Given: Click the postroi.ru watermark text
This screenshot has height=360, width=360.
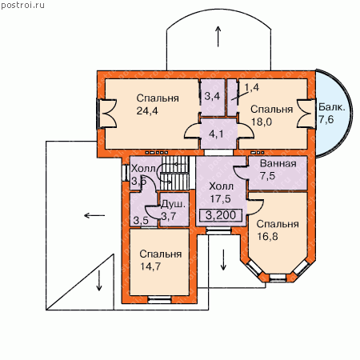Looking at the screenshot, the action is (22, 6).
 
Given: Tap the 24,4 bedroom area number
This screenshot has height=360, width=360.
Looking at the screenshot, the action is (147, 110).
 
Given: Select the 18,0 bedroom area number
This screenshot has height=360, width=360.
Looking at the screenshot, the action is (262, 122).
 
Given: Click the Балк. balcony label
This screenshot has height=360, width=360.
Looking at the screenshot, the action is (332, 107).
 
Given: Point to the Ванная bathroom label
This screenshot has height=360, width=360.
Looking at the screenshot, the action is (278, 163).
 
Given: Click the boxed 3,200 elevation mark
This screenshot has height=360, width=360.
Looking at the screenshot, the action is (221, 215).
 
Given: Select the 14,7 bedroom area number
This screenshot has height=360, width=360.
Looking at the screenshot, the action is (150, 266).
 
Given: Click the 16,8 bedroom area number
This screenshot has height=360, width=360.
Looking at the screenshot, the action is (267, 236).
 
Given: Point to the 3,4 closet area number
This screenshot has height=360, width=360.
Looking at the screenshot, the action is (212, 96).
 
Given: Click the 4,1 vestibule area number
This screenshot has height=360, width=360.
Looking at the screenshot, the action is (216, 134).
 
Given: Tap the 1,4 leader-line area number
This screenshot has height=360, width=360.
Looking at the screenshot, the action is (251, 87).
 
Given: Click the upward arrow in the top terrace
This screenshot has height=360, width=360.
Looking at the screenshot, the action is (218, 37).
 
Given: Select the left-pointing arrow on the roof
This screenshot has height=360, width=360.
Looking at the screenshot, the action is (94, 215).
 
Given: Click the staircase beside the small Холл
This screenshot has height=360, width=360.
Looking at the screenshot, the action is (175, 173).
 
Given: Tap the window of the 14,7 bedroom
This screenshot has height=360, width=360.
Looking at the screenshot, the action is (159, 300).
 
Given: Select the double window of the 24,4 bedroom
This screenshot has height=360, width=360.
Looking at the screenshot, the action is (106, 114).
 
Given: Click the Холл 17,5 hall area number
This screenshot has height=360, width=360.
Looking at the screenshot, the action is (220, 198).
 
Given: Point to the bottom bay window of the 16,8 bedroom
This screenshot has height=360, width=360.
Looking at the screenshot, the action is (278, 278).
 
